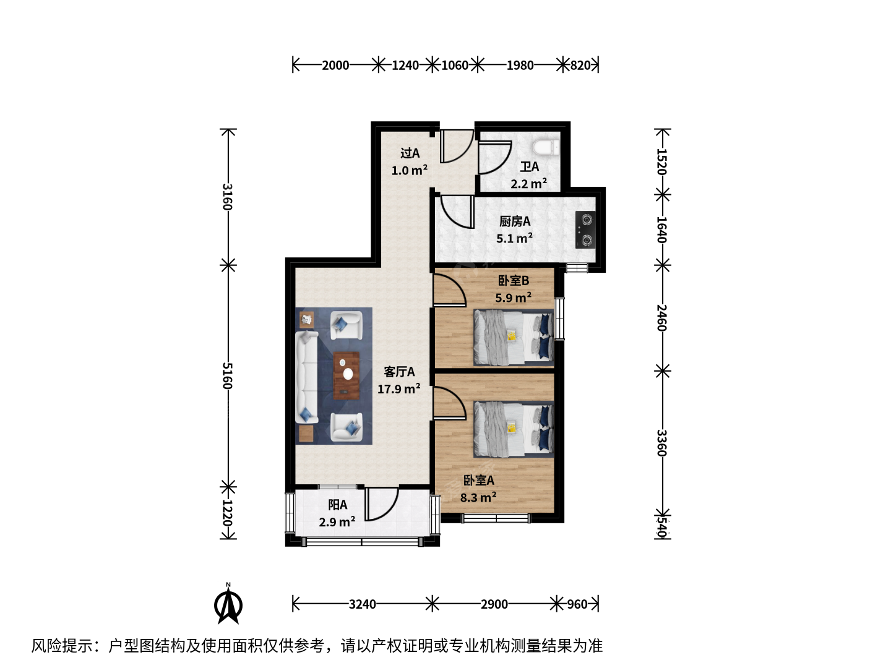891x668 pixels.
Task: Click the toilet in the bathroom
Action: click(x=546, y=147)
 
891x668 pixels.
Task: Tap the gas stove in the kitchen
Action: click(x=586, y=229)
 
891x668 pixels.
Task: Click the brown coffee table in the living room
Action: click(x=346, y=375)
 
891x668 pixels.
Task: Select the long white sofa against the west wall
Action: click(x=306, y=377)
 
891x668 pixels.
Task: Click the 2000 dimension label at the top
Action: click(x=335, y=66)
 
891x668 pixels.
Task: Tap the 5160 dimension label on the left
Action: click(x=228, y=375)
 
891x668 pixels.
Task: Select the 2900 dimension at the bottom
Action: click(x=494, y=604)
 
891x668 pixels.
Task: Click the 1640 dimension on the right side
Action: click(x=662, y=229)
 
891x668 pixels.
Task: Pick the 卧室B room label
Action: click(x=514, y=280)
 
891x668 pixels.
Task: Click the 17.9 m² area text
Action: click(x=398, y=389)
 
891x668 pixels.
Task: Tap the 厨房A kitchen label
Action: click(x=515, y=221)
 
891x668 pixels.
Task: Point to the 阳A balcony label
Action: click(x=338, y=505)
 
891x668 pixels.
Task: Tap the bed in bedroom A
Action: click(x=514, y=429)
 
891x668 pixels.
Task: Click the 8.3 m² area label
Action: click(x=478, y=497)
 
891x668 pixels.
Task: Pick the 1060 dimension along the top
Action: click(x=455, y=66)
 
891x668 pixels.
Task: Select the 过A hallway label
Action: click(x=410, y=153)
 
